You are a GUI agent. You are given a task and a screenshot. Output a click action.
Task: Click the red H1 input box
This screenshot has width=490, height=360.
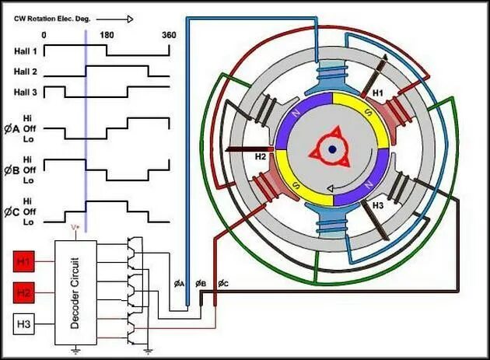pos(25,261)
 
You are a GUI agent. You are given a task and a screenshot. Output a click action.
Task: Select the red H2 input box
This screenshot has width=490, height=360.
pos(25,293)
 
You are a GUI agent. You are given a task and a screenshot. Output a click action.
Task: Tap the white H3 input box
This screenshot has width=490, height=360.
pos(25,325)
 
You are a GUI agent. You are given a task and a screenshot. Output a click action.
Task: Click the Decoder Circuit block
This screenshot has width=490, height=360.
pos(75,291)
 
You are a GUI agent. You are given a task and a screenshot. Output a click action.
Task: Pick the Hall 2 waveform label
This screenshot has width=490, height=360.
pos(25,72)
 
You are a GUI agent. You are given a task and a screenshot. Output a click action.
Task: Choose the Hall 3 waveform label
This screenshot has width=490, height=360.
pos(25,92)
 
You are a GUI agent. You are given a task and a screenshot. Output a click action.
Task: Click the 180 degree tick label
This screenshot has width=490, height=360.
pos(107,35)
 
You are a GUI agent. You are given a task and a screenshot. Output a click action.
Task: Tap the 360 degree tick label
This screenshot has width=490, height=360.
pos(169,35)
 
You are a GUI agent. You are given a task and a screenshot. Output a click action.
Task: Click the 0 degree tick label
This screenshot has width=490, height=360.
pos(44,35)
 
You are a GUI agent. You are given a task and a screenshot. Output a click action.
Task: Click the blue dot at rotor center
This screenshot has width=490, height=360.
pos(332,149)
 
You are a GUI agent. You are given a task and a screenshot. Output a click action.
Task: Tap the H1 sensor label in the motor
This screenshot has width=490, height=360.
pos(379,93)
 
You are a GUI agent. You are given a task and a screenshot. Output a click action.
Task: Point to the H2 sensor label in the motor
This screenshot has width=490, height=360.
pos(260,156)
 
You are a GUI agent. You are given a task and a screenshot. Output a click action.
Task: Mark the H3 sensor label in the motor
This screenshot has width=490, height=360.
pos(379,206)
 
